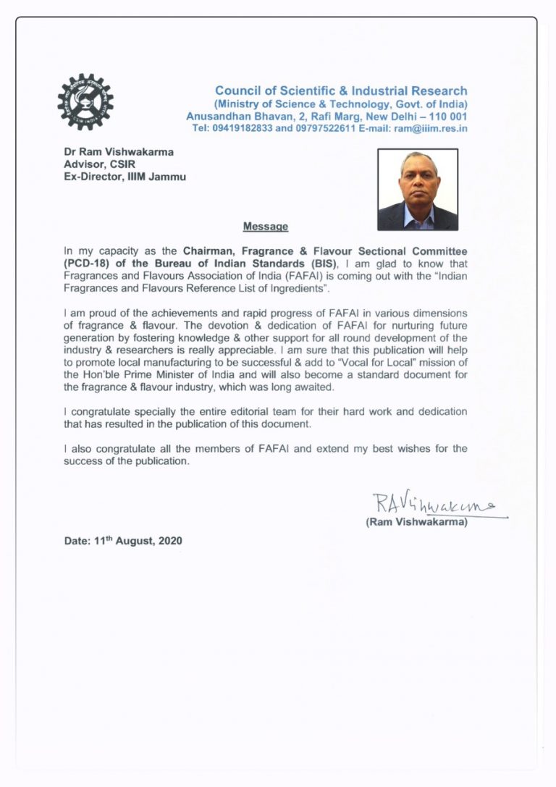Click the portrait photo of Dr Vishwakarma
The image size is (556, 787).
coord(418,190)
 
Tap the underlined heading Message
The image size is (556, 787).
coord(266,227)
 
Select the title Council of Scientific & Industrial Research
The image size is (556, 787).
coord(341,91)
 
